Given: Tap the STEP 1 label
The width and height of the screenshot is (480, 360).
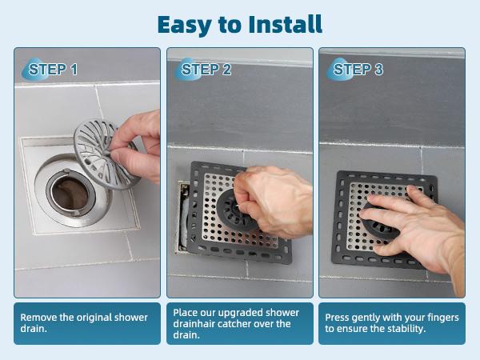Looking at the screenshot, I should pyautogui.click(x=53, y=70).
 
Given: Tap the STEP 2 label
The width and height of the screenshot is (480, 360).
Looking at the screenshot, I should pyautogui.click(x=206, y=70).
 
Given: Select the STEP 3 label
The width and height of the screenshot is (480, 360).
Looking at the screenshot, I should pyautogui.click(x=358, y=70).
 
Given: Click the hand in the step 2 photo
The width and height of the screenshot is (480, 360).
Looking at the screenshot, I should pyautogui.click(x=276, y=200).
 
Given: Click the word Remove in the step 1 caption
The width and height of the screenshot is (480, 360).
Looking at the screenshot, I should pyautogui.click(x=39, y=318).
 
